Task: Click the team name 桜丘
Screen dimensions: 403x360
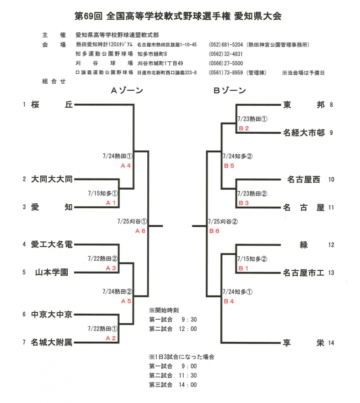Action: coord(52,105)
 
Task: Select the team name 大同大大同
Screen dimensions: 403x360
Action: coord(52,179)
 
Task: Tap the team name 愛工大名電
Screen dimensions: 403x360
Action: coord(52,244)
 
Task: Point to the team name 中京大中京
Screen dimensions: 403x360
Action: coord(52,315)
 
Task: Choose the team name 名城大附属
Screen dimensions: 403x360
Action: coord(52,343)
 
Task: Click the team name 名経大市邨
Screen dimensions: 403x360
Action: coord(303,133)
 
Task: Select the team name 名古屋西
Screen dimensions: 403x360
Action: coord(304,179)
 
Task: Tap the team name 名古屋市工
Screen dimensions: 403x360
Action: coord(303,273)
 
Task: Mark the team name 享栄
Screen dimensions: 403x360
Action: coord(303,343)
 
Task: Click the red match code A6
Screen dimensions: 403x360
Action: coord(140,231)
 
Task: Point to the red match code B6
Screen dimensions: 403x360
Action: coord(214,231)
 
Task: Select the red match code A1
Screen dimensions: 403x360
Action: coord(110,202)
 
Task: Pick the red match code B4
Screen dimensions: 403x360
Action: coord(229,301)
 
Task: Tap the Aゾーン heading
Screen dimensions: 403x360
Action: coord(127,91)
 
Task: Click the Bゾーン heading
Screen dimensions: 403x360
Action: coord(230,91)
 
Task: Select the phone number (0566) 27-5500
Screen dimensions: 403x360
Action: coord(226,63)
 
